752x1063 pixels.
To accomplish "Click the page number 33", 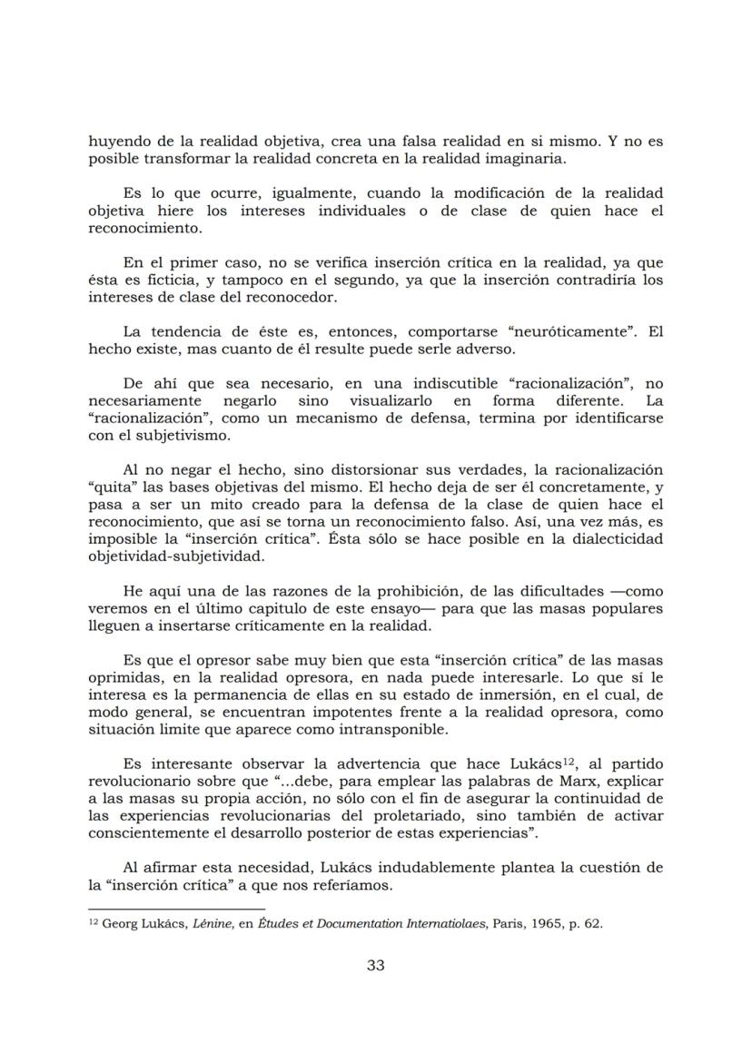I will pos(375,965).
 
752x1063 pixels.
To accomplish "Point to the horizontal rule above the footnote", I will pos(176,909).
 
